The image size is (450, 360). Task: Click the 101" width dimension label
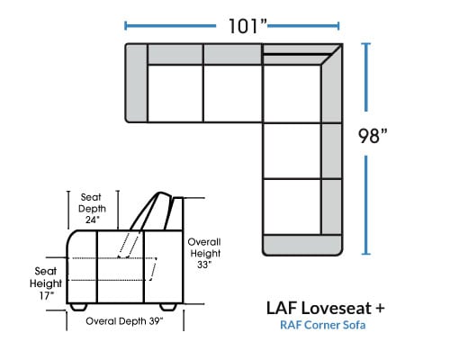point(247,26)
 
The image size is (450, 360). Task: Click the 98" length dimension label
point(373,136)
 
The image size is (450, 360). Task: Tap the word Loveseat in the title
point(336,308)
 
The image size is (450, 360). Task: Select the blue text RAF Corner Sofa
point(323,325)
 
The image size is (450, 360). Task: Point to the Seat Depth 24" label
point(92,209)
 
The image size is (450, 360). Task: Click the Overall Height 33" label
point(205,253)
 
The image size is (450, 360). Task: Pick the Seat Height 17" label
point(46,283)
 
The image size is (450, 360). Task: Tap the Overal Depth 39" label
point(124,321)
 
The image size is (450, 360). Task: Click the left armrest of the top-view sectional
point(136,83)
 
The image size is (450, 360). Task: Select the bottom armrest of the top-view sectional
point(302,245)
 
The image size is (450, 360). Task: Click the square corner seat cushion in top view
point(292,94)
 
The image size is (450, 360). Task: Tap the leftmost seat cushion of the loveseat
point(175,94)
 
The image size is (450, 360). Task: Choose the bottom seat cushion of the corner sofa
point(292,206)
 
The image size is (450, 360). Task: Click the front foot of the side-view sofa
point(78,307)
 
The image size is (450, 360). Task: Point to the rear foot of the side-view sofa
point(168,307)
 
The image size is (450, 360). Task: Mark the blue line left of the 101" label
point(170,26)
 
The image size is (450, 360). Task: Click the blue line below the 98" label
point(366,205)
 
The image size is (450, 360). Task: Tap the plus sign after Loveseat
point(379,308)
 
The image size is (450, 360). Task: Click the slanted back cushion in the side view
point(150,211)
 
